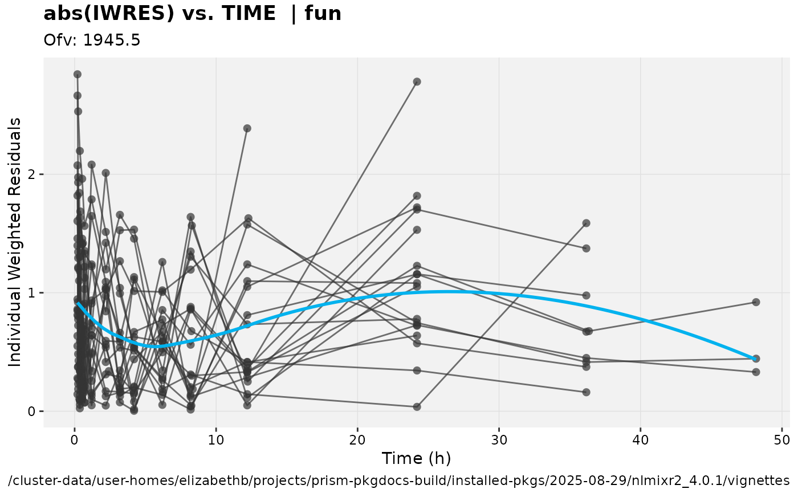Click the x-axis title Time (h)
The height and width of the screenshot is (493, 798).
pos(416,458)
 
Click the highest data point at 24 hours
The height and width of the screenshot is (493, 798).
pos(417,82)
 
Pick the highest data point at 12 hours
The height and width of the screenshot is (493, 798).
pos(247,128)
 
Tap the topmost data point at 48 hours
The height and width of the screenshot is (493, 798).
pos(756,302)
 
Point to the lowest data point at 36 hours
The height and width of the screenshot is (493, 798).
pos(586,392)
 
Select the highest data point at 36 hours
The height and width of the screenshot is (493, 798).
pos(586,223)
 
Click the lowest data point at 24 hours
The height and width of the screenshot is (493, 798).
pos(417,407)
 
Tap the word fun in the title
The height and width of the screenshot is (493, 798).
pos(323,13)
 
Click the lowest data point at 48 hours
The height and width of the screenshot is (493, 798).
pos(756,372)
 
